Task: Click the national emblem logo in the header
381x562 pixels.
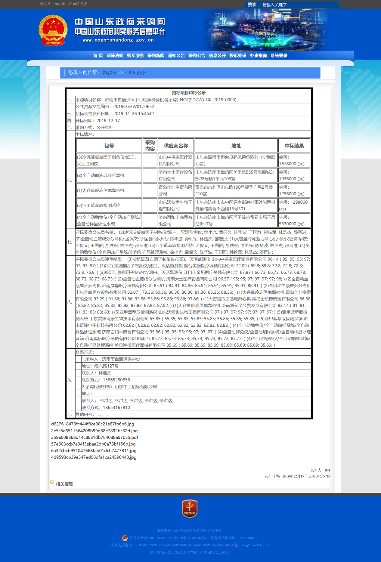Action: point(53,30)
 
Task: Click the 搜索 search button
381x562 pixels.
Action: point(252,5)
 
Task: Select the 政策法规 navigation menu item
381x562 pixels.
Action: point(115,55)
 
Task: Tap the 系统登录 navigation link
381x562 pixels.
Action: point(279,55)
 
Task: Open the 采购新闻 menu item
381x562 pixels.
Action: point(156,55)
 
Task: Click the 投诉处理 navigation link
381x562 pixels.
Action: point(238,55)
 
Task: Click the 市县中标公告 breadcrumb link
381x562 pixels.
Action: point(135,73)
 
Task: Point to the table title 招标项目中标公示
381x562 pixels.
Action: point(189,93)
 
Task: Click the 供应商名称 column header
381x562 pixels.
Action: point(176,146)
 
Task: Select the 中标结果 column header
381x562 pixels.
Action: point(294,146)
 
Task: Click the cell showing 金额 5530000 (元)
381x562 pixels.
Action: point(294,221)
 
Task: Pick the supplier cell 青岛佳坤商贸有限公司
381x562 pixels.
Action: point(175,190)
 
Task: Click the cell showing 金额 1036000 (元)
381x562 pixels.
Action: point(294,175)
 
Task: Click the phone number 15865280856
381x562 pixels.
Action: point(116,380)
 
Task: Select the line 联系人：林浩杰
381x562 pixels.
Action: point(97,373)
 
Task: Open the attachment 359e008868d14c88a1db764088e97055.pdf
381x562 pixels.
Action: point(94,437)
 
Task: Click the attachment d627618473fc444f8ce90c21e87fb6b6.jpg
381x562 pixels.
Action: point(92,424)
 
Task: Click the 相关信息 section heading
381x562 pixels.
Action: point(64,484)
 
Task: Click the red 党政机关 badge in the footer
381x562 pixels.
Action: point(190,509)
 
